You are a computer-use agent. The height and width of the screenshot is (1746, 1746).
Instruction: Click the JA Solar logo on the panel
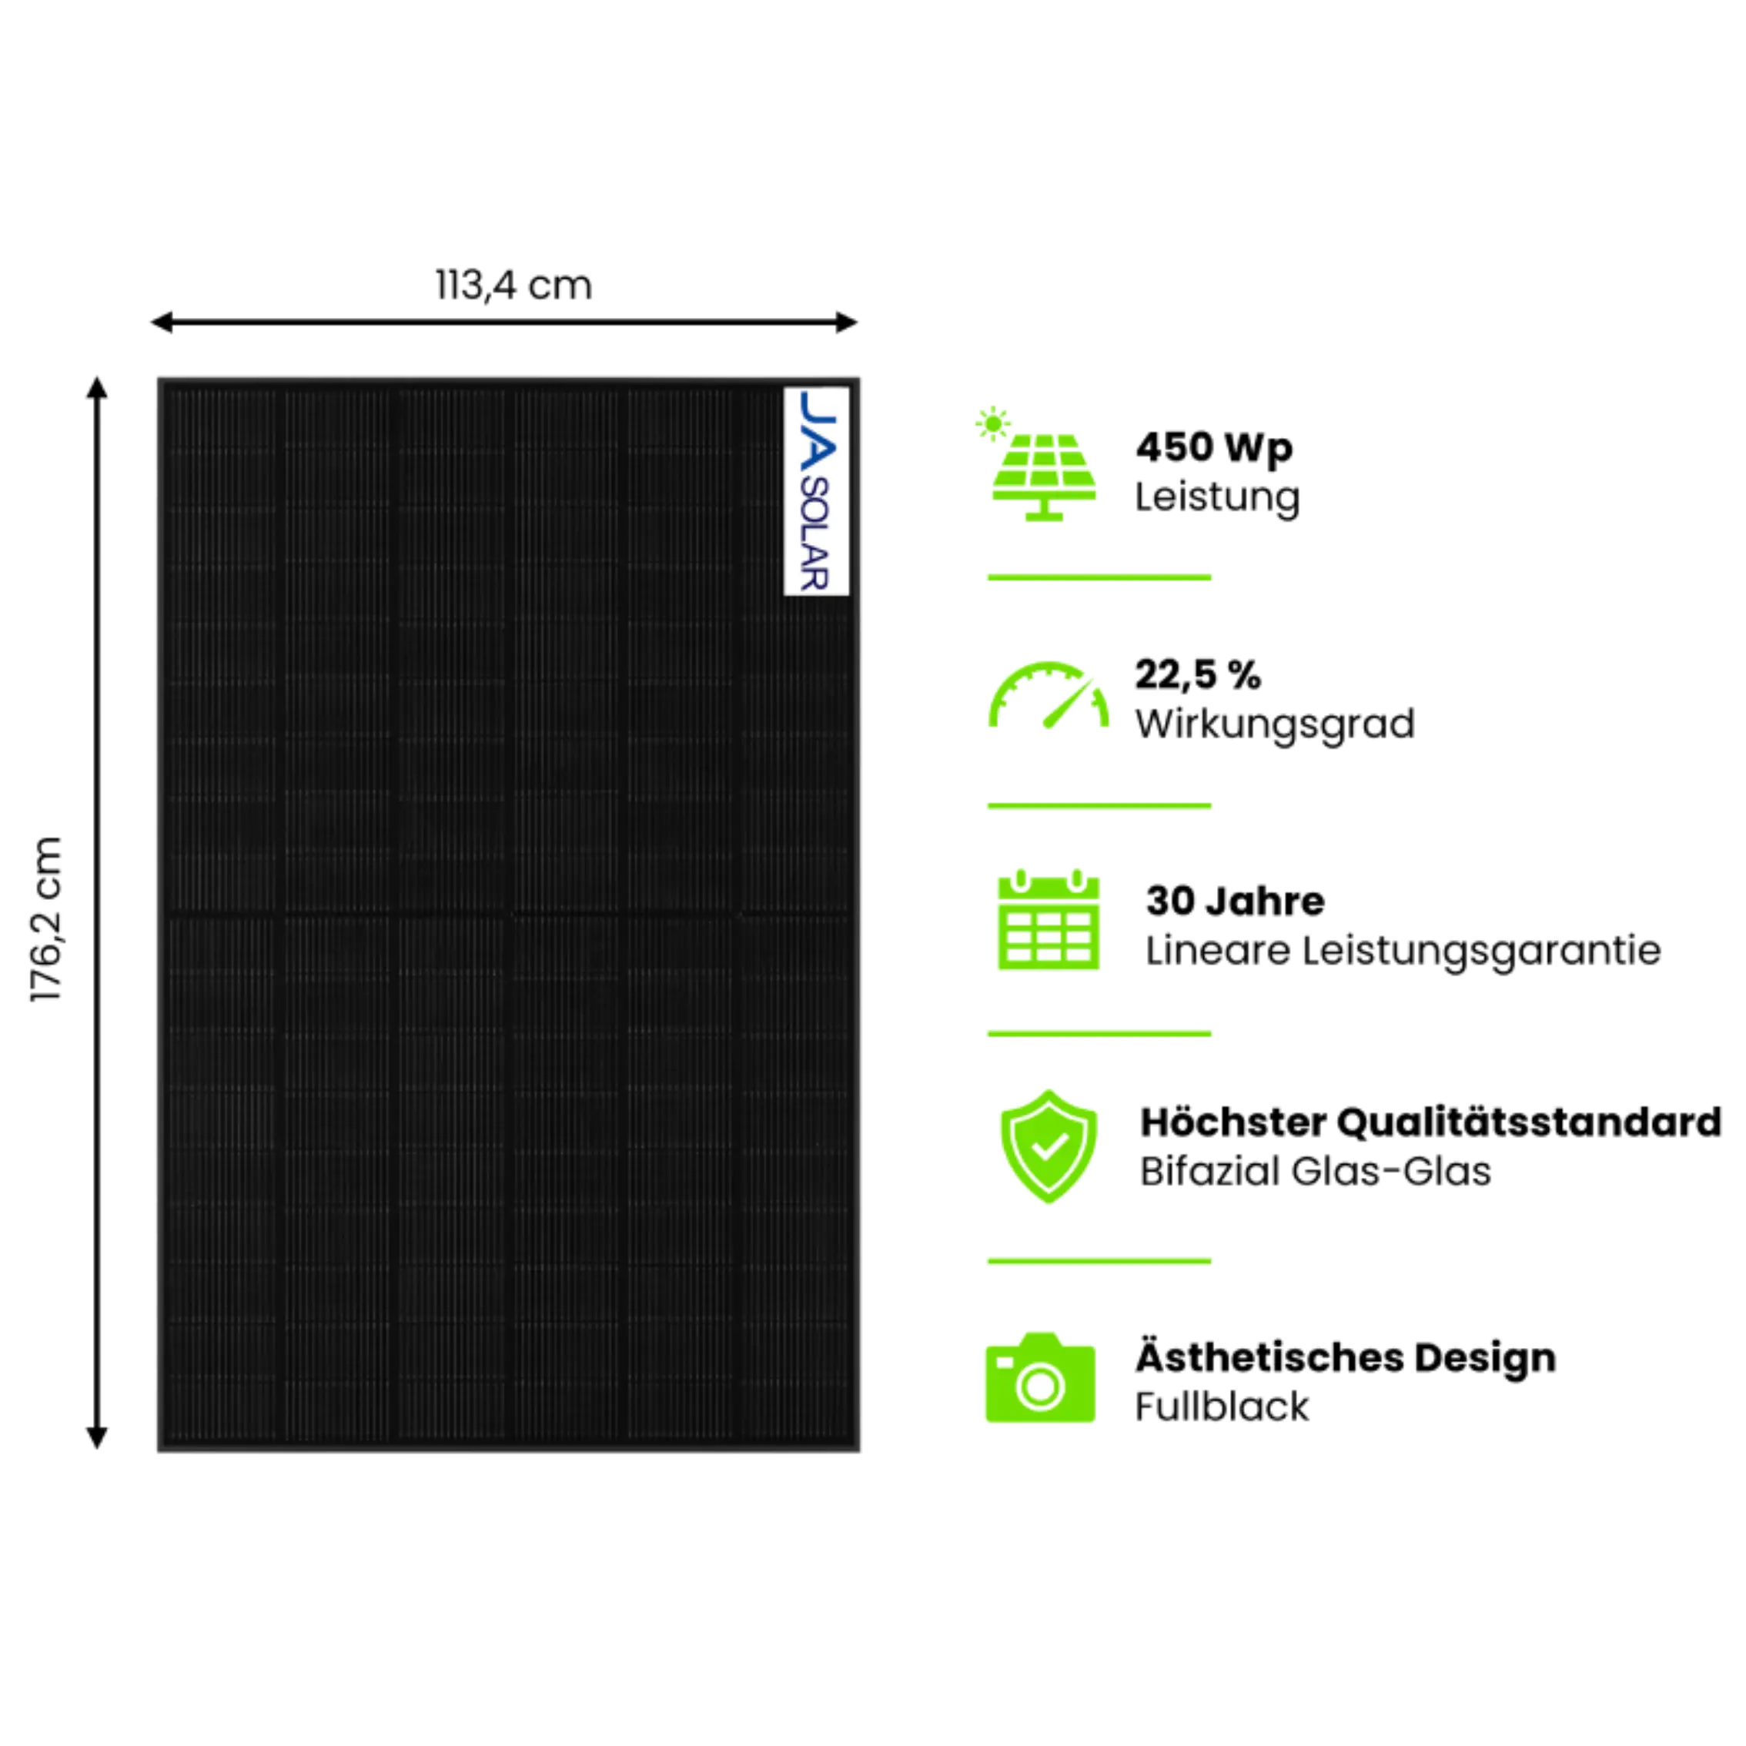(816, 490)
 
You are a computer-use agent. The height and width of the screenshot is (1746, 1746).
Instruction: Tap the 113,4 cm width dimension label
(514, 286)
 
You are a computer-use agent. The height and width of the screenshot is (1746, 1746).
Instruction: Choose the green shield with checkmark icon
(1049, 1146)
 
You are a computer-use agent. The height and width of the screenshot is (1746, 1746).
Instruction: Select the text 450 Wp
(1214, 447)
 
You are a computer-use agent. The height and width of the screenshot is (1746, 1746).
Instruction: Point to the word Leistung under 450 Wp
(1218, 498)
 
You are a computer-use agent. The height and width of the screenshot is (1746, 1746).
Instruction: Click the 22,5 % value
(1197, 674)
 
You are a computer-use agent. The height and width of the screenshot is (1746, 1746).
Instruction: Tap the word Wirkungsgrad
(1274, 724)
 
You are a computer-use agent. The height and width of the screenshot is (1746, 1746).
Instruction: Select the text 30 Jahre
(1235, 900)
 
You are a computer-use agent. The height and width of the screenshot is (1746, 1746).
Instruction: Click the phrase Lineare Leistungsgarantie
(1403, 951)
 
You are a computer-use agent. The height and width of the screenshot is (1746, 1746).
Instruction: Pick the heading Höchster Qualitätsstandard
(1430, 1122)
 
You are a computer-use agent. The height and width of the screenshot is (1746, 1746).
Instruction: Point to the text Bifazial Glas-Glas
(1316, 1172)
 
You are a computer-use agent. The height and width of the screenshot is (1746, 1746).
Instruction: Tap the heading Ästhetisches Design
(1346, 1357)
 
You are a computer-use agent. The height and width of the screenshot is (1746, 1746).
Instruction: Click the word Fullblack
(1222, 1406)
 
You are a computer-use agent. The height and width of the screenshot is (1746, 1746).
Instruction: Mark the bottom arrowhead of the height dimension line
(95, 1436)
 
